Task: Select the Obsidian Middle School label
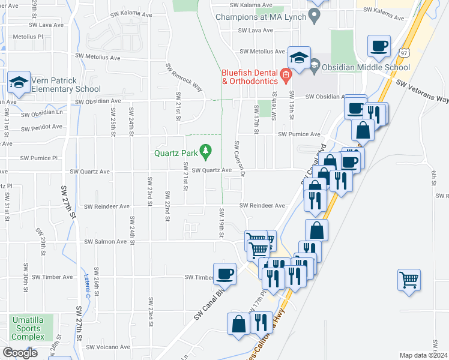click(x=365, y=68)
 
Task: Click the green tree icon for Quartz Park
click(x=206, y=152)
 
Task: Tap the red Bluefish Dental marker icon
click(x=286, y=76)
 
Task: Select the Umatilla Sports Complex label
click(x=26, y=329)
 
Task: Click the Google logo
click(x=20, y=352)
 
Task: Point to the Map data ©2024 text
click(x=423, y=355)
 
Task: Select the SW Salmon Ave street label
click(x=106, y=242)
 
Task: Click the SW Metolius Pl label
click(x=23, y=37)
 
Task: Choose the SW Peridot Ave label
click(x=42, y=127)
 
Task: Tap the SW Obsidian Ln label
click(x=42, y=113)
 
